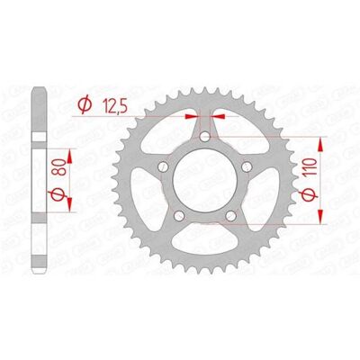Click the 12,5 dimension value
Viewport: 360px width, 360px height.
coord(115,106)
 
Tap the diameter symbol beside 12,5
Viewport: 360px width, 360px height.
coord(85,104)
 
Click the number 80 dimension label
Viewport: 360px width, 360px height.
coord(58,167)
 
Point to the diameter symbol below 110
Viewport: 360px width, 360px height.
coord(310,194)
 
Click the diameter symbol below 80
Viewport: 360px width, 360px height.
coord(57,194)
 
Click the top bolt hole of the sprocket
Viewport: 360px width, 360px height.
coord(205,137)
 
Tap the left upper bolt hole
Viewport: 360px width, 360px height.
coord(164,166)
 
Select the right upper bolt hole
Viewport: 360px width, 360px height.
coord(247,166)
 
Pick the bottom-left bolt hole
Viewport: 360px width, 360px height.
coord(179,215)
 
